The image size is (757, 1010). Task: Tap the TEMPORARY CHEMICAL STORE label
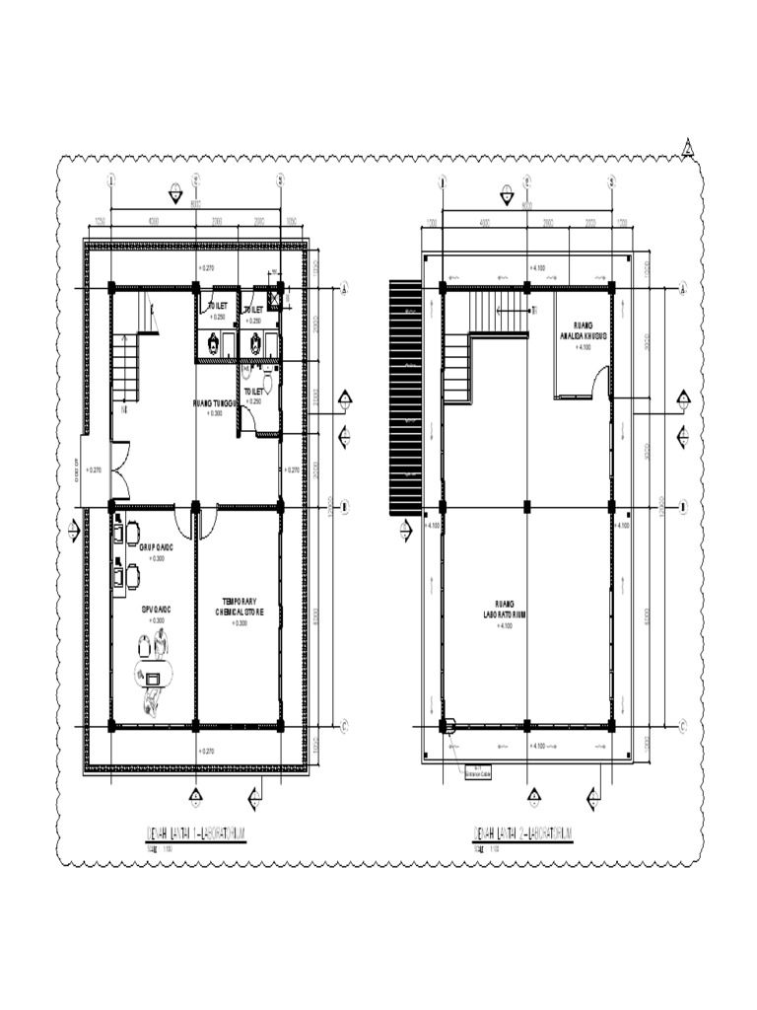coord(241,607)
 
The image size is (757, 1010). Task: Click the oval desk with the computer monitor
coord(153,678)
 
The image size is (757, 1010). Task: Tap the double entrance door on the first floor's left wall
coord(116,470)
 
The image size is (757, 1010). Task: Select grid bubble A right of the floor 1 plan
coord(345,289)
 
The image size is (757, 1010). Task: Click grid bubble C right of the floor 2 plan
coord(682,727)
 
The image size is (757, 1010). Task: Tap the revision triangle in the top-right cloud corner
coord(690,149)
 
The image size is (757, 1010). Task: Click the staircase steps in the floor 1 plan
coord(126,367)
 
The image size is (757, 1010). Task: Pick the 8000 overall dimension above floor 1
coord(194,205)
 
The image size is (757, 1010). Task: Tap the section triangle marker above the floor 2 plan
coord(506,195)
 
